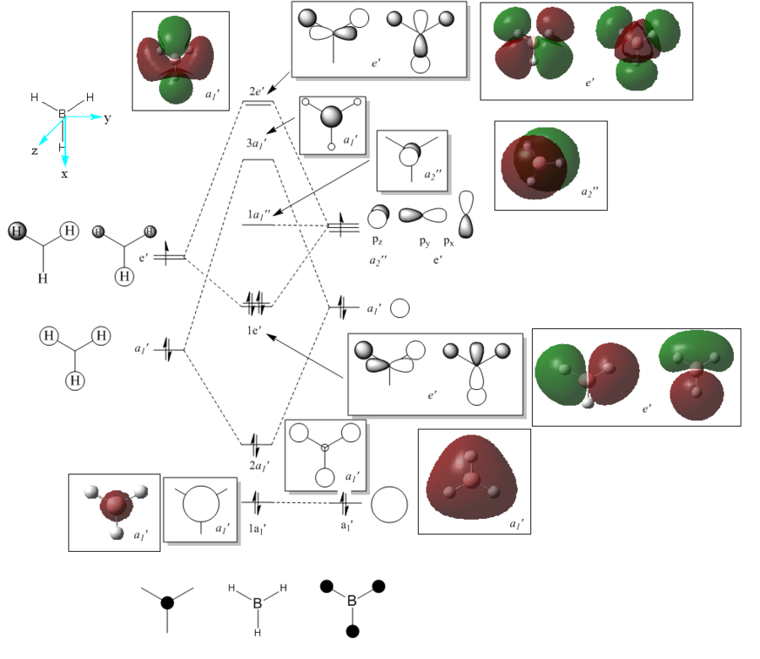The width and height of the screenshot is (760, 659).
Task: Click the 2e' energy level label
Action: (258, 90)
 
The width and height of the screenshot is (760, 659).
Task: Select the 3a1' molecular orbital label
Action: (258, 143)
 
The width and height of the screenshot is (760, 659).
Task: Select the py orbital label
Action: (425, 240)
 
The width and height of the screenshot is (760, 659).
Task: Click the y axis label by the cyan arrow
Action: (107, 118)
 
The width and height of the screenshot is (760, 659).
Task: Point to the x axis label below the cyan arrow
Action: (65, 174)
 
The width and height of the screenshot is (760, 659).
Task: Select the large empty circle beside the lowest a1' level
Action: (389, 505)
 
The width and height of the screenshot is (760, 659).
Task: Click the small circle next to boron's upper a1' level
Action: (400, 309)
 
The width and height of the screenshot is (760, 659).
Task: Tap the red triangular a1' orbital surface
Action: (471, 480)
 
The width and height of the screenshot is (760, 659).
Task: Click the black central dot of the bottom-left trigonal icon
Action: (167, 602)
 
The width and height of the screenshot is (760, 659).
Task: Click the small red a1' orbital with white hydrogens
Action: (116, 509)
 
